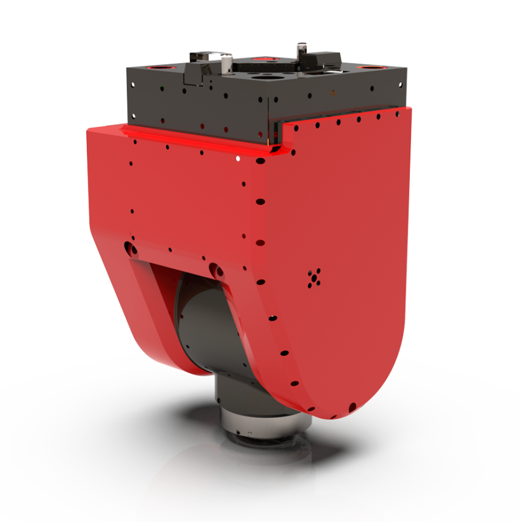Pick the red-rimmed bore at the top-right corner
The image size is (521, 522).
click(x=368, y=67)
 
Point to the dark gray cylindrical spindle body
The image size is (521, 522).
click(x=203, y=336)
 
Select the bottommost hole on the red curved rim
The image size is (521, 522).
click(x=351, y=406)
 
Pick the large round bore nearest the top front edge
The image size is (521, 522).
click(x=267, y=75)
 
